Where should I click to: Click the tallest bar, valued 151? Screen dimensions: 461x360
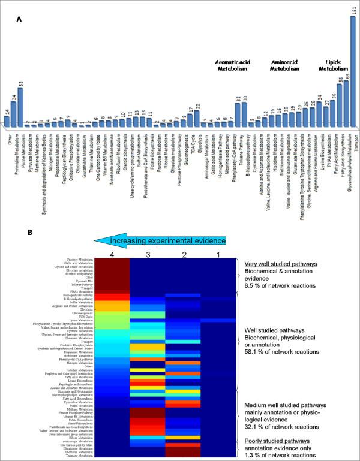353,72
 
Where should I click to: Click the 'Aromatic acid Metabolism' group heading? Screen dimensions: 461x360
237,65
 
